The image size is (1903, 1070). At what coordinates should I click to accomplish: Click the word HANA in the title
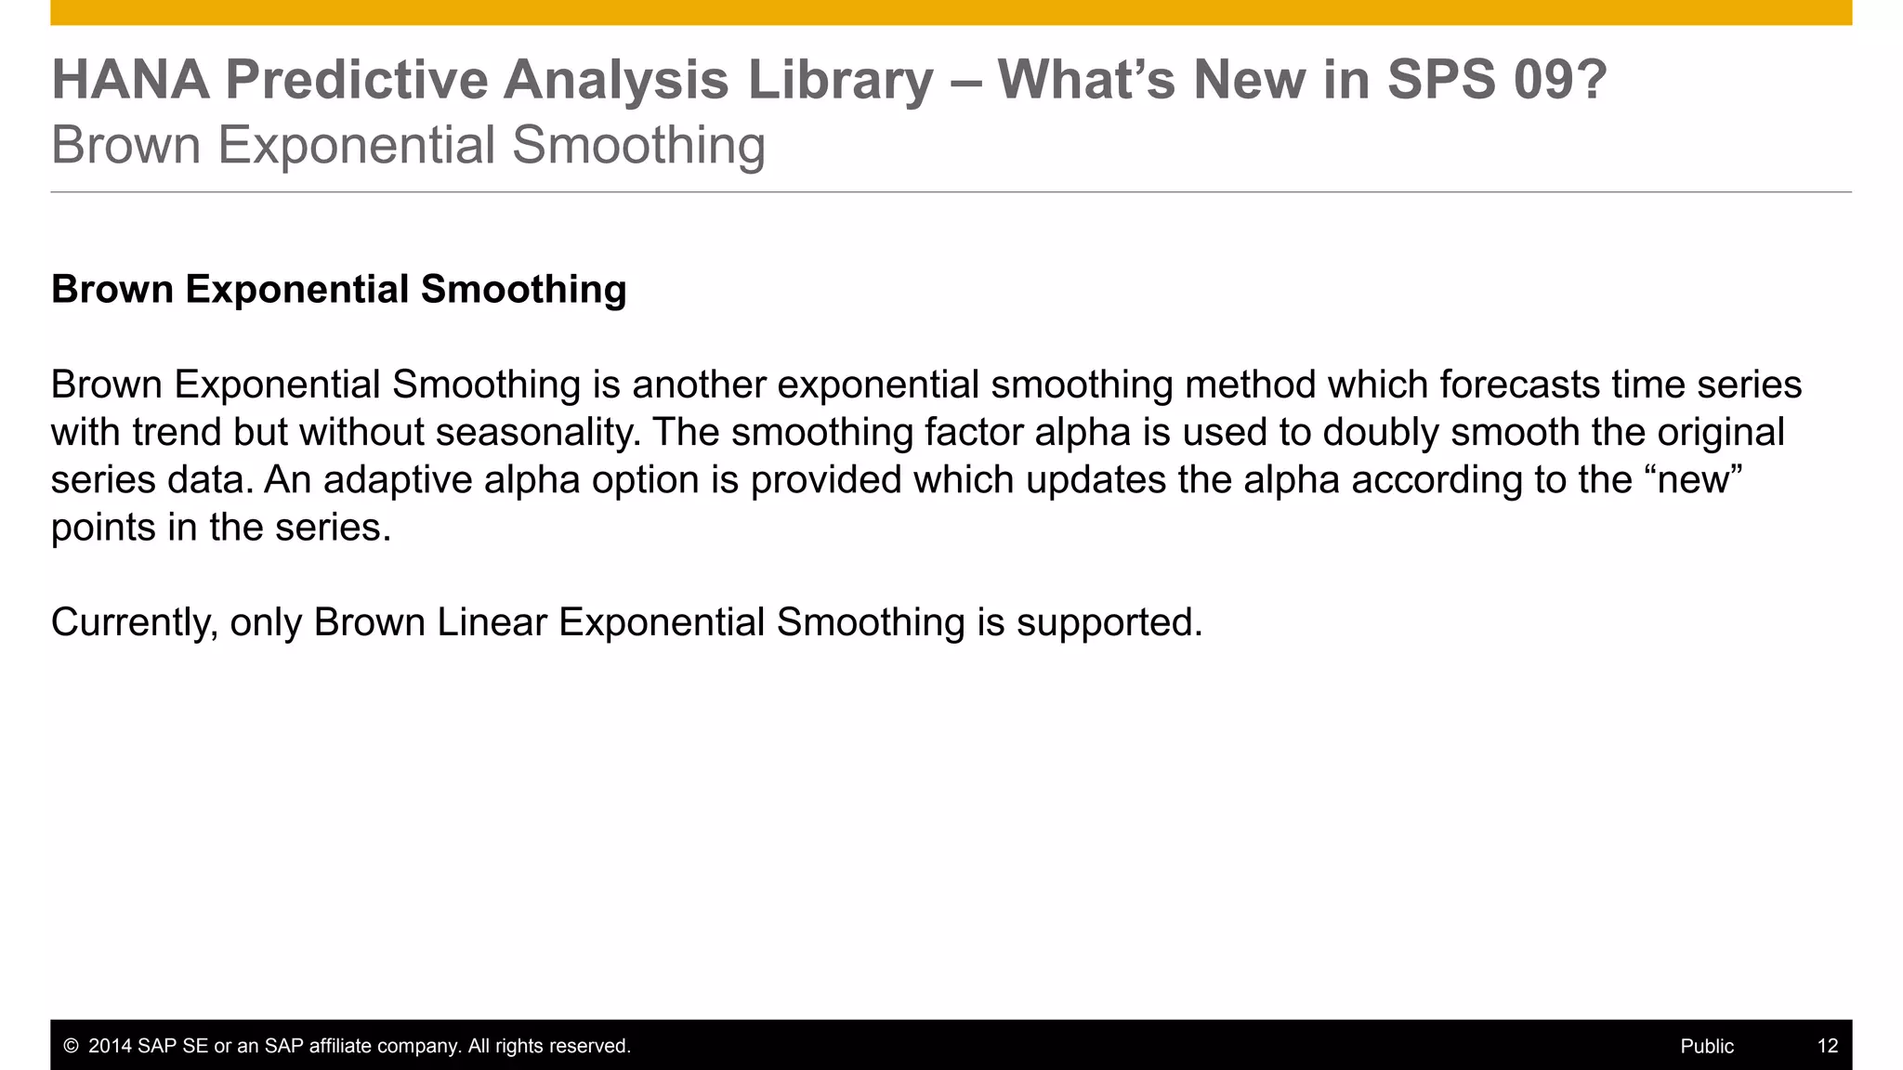(130, 80)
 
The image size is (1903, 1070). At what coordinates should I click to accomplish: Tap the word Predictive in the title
(356, 80)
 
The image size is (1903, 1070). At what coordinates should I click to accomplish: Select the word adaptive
(385, 480)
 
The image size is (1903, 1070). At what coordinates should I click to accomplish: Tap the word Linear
(492, 622)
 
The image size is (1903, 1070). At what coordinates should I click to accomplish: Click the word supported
(1109, 622)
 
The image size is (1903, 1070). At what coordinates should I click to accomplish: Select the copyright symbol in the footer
(71, 1047)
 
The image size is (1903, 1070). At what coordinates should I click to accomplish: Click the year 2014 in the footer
(110, 1047)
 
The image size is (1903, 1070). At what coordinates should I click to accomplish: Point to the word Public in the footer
(1707, 1047)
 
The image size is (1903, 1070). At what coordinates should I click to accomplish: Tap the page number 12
(1828, 1047)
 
